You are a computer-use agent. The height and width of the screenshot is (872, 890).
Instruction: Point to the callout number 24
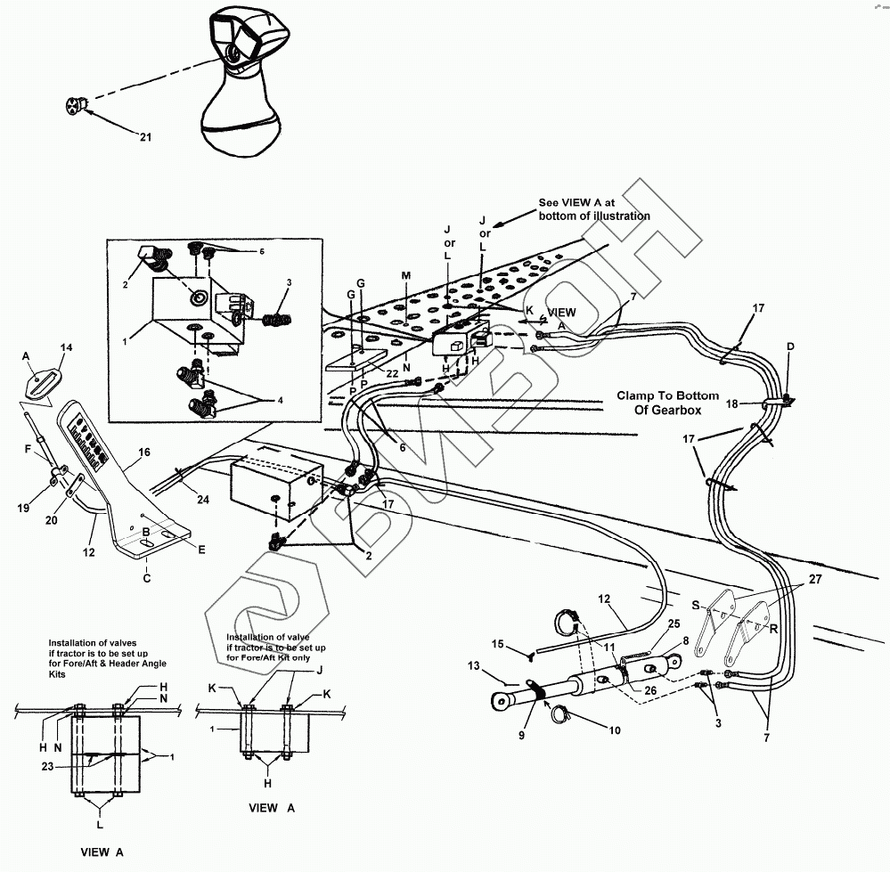(203, 500)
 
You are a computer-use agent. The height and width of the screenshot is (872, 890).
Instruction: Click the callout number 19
(24, 508)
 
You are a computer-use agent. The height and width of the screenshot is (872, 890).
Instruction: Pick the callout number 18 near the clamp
(731, 403)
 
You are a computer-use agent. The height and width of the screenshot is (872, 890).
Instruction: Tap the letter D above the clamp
(788, 346)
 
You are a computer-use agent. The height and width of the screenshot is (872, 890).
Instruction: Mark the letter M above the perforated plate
(405, 276)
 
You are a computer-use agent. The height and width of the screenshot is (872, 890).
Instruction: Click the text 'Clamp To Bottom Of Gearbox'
(660, 403)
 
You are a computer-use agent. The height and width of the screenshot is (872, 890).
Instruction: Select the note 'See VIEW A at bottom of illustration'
(593, 209)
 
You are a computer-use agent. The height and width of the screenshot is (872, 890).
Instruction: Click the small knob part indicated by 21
(76, 107)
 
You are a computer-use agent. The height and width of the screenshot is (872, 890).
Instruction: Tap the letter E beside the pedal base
(201, 550)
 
